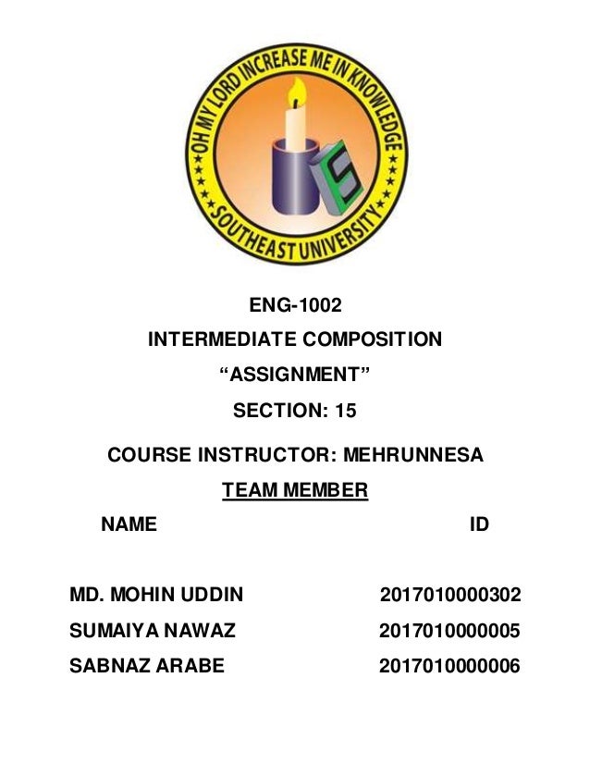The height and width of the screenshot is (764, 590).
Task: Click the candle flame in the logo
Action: coord(297,91)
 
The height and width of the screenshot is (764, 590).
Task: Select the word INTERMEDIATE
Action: coord(217,340)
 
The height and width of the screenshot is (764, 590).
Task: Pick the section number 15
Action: coord(346,411)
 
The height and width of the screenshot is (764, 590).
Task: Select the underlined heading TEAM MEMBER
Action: coord(295,490)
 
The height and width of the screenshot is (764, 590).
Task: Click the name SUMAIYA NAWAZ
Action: coord(153,632)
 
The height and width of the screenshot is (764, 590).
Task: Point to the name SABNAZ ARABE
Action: coord(147,667)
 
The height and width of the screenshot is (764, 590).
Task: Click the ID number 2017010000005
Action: coord(449,632)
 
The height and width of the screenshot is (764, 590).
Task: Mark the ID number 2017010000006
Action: coord(449,667)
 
